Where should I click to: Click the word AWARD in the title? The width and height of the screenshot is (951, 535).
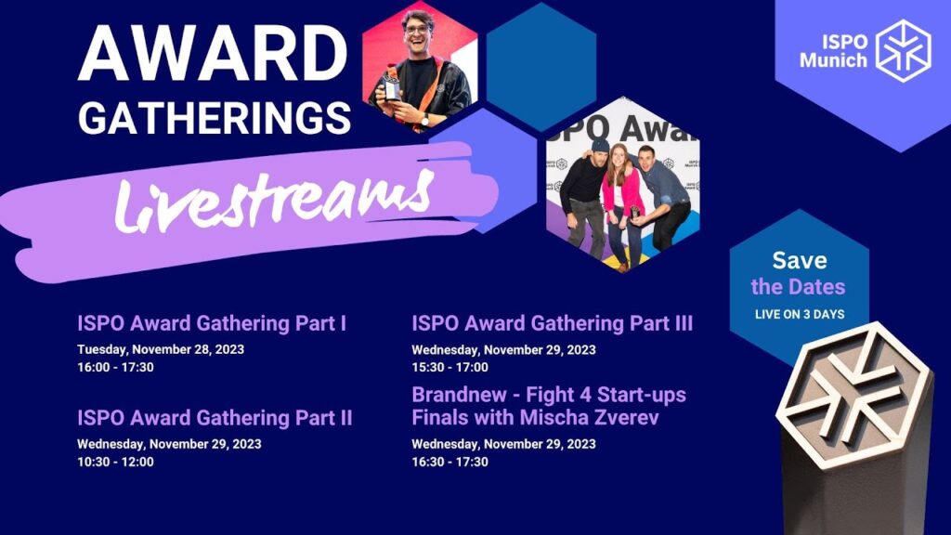tap(213, 53)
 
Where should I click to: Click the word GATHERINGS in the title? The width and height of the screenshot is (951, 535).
tap(215, 118)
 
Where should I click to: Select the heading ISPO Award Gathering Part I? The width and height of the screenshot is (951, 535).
tap(212, 323)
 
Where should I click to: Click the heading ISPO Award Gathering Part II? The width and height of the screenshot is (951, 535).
tap(215, 418)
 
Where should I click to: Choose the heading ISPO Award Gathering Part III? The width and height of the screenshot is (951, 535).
tap(552, 323)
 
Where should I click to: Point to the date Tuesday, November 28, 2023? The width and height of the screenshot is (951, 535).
tap(161, 349)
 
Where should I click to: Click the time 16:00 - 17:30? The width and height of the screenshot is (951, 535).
tap(115, 367)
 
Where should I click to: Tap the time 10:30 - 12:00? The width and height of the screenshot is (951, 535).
tap(115, 462)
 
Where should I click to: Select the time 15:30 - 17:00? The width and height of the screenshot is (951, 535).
tap(450, 367)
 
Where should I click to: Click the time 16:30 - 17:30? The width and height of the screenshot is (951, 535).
tap(450, 462)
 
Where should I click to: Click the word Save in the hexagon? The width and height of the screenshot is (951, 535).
tap(800, 260)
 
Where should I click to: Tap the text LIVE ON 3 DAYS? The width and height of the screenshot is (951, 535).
tap(800, 314)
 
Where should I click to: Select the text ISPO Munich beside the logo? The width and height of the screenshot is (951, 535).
tap(833, 51)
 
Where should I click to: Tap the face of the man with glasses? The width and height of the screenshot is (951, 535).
tap(419, 36)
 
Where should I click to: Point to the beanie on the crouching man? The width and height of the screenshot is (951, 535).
tap(600, 146)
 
